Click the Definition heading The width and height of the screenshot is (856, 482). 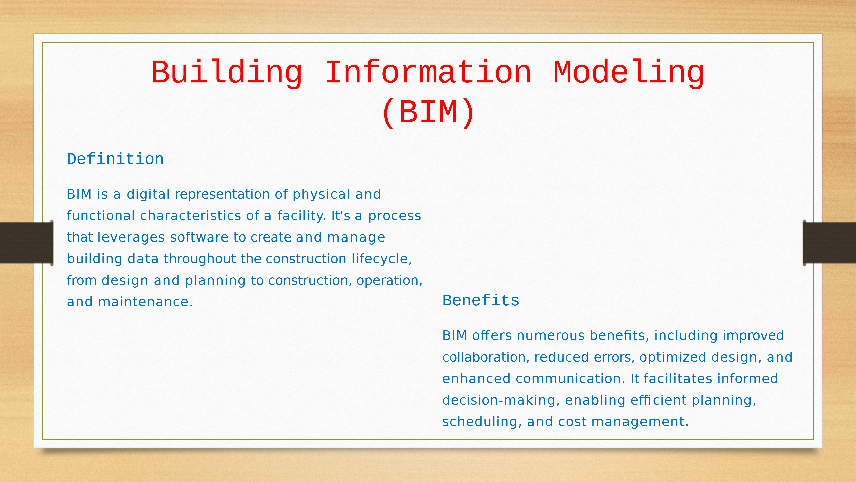[x=115, y=159]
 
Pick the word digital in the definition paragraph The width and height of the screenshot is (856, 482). [x=148, y=194]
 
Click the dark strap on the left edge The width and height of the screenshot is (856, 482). [x=27, y=243]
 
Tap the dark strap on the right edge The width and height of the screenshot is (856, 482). [x=829, y=243]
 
